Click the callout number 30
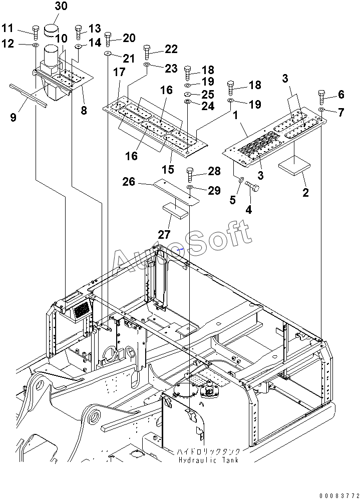pos(61,7)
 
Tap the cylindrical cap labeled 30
pos(52,30)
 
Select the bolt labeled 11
pos(35,32)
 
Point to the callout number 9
pos(13,118)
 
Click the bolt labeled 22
pos(147,52)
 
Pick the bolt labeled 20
pos(108,39)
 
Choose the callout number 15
pos(168,169)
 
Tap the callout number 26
pos(129,182)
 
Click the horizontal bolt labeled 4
pos(253,187)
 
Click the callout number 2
pos(305,192)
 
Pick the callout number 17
pos(119,73)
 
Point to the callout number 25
pos(207,95)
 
